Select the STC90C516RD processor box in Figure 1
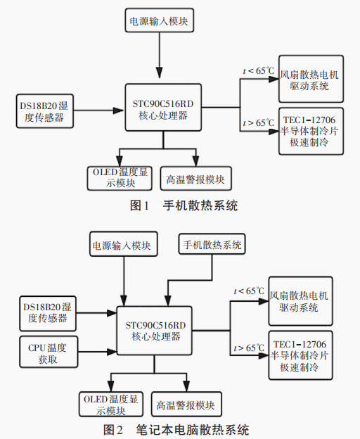162,107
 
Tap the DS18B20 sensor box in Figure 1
44,111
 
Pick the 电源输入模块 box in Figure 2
123,246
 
